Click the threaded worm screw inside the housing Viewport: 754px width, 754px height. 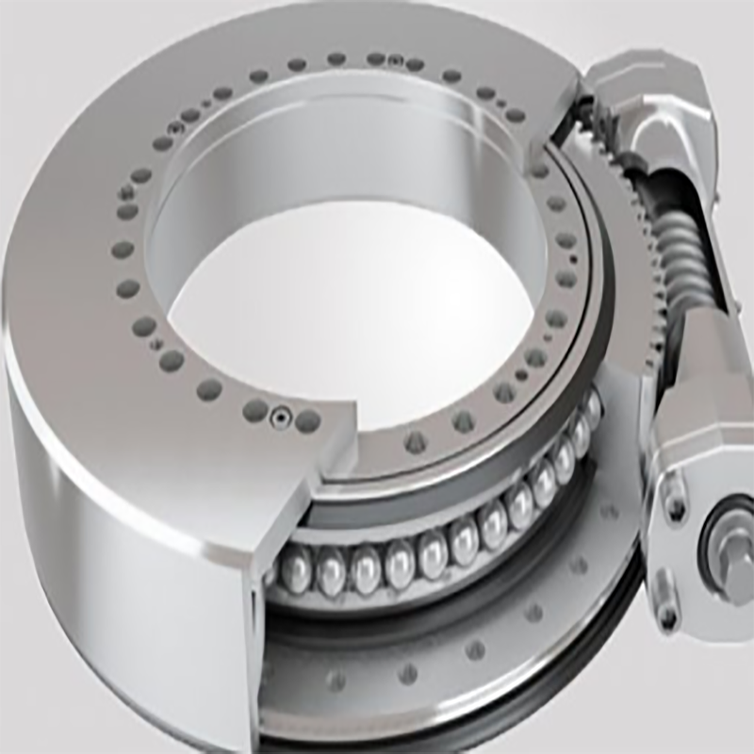tap(680, 254)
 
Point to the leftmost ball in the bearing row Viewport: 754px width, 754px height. tap(295, 572)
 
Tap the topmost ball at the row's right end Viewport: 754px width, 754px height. tap(591, 407)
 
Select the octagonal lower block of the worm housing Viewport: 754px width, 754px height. tap(697, 415)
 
